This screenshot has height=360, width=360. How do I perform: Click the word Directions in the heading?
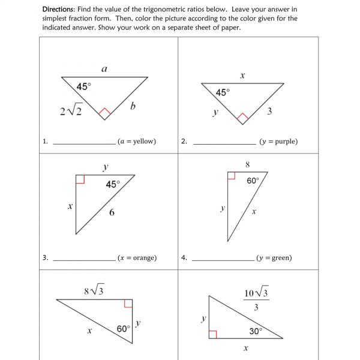(x=61, y=10)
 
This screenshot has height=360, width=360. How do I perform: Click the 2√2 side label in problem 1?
(x=71, y=110)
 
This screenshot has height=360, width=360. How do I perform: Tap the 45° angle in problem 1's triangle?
(x=84, y=86)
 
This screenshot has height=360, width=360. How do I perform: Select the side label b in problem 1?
(x=133, y=106)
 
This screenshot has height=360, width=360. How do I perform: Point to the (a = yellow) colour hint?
(x=137, y=142)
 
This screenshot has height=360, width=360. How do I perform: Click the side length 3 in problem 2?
(x=270, y=110)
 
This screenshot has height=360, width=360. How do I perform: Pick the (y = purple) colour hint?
(x=278, y=142)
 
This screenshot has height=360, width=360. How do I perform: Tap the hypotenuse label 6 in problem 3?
(x=112, y=212)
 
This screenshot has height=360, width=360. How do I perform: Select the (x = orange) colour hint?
(x=137, y=258)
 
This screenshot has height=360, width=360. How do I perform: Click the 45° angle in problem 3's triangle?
(x=112, y=184)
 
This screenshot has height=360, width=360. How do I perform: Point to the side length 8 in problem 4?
(x=247, y=164)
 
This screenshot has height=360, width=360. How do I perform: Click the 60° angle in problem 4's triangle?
(x=253, y=180)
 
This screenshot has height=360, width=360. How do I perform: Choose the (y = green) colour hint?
(x=274, y=258)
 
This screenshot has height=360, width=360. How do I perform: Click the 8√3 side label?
(x=94, y=291)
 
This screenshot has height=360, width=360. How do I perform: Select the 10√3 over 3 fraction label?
(x=256, y=299)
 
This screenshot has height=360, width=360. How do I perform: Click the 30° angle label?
(x=256, y=331)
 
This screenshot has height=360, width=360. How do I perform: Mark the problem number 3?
(x=45, y=258)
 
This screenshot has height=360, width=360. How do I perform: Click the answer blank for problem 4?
(x=223, y=259)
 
